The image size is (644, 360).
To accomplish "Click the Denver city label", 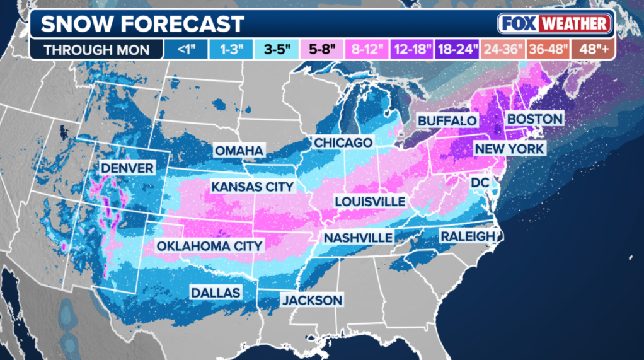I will (x=127, y=168).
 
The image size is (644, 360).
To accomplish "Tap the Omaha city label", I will (x=239, y=151).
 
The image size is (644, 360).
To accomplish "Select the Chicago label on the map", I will (x=343, y=143).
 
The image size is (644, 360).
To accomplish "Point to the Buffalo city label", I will (x=447, y=120).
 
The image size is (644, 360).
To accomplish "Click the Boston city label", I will (x=534, y=119).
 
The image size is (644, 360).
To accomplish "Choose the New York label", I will (x=509, y=149).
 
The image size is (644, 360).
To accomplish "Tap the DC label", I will (x=480, y=182).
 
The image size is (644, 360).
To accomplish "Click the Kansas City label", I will (x=252, y=187).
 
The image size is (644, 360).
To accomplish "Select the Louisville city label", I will (x=370, y=201).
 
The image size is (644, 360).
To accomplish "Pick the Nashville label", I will (x=358, y=238).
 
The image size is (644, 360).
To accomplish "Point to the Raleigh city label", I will (x=468, y=236).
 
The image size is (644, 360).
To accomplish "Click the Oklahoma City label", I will (x=209, y=245).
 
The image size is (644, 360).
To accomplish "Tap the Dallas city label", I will (x=216, y=293).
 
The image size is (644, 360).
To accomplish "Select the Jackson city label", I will (x=311, y=300).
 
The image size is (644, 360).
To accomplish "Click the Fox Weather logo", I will (x=554, y=24).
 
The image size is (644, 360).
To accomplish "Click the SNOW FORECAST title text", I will (x=142, y=24).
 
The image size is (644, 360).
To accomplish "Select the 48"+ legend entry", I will (x=593, y=48).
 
